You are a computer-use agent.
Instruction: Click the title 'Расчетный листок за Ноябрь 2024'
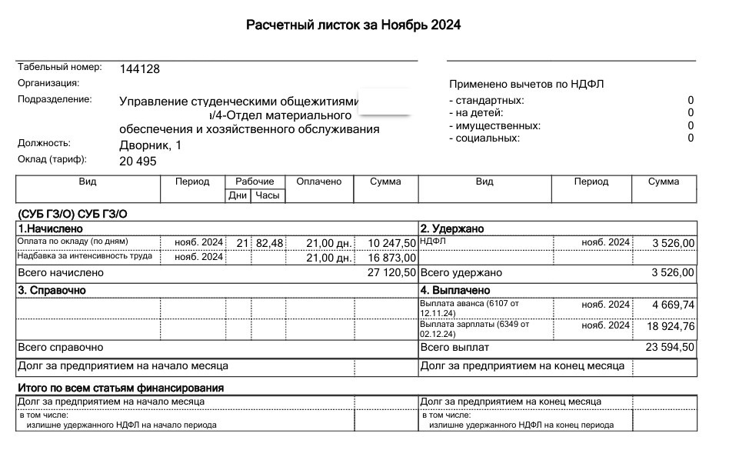pyautogui.click(x=353, y=25)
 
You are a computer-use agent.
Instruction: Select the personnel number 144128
pyautogui.click(x=140, y=68)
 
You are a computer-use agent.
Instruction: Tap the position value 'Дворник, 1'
pyautogui.click(x=151, y=145)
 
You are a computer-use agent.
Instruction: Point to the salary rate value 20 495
pyautogui.click(x=138, y=161)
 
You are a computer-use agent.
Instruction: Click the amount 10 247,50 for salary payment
pyautogui.click(x=392, y=243)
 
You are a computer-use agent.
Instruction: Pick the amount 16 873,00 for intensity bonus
pyautogui.click(x=392, y=258)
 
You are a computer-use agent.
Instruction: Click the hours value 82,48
pyautogui.click(x=270, y=243)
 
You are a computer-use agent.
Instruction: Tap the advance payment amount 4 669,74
pyautogui.click(x=673, y=305)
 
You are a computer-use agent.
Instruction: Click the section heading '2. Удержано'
pyautogui.click(x=451, y=228)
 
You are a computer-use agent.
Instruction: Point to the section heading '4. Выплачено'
pyautogui.click(x=455, y=290)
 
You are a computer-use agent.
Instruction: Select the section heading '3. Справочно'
pyautogui.click(x=52, y=290)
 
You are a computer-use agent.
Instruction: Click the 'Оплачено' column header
pyautogui.click(x=318, y=182)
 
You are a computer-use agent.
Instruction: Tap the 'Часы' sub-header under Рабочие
pyautogui.click(x=267, y=195)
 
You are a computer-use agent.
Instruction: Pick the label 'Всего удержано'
pyautogui.click(x=461, y=272)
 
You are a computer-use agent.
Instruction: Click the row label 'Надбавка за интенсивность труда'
pyautogui.click(x=85, y=256)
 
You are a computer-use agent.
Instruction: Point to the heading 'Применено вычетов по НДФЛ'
pyautogui.click(x=526, y=84)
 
